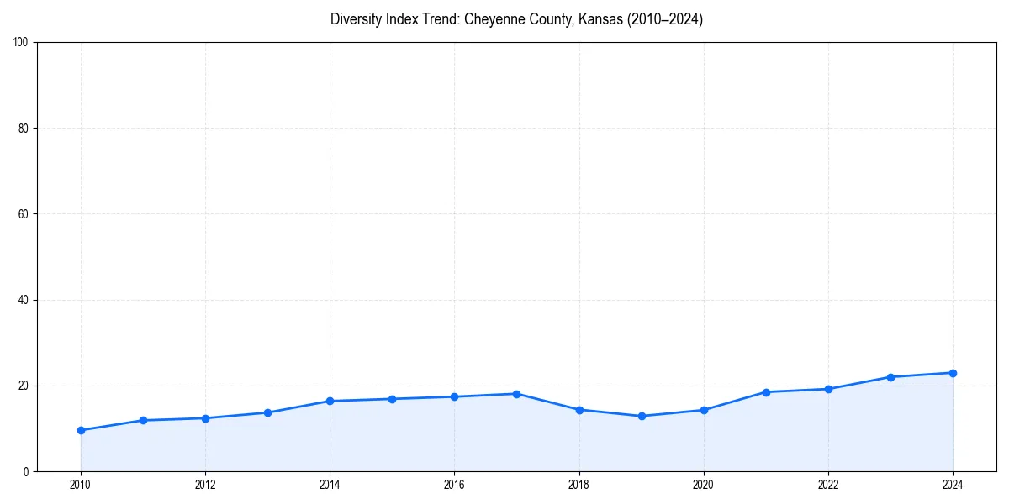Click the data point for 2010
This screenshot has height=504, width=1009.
coord(81,430)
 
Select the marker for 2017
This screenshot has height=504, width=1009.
coord(516,394)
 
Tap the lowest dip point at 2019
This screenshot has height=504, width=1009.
coord(642,416)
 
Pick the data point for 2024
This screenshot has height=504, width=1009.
coord(953,373)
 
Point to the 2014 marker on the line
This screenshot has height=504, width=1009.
coord(330,401)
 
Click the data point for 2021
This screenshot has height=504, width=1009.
coord(766,392)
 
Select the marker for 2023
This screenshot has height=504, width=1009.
coord(890,377)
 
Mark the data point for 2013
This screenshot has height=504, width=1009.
coord(267,412)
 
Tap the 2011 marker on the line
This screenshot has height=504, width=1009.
coord(143,420)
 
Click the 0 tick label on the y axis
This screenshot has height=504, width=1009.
coord(27,471)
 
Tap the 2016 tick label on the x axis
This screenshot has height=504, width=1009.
coord(454,485)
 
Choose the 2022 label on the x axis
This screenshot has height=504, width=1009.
coord(828,485)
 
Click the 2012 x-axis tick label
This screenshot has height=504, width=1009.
coord(205,485)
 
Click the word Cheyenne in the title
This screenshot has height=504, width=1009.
coord(494,19)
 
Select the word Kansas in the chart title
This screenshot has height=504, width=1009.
coord(602,19)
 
